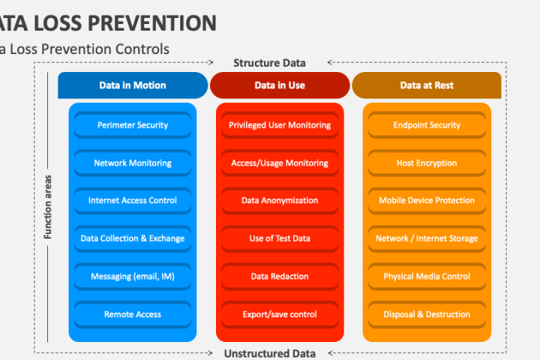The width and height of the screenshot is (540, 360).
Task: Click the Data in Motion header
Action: point(133,85)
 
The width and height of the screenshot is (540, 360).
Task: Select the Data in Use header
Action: point(280,85)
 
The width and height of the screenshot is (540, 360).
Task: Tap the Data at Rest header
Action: point(427,85)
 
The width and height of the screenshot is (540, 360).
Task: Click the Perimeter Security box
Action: point(133,124)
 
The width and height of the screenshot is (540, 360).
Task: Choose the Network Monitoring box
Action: point(133,163)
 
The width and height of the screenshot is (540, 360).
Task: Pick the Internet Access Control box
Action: point(133,200)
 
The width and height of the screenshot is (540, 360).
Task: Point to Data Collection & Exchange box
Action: point(133,238)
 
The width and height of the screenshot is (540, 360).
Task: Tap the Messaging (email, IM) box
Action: point(133,276)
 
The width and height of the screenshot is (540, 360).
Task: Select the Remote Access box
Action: point(133,314)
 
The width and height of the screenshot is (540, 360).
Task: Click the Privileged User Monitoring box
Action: point(280,124)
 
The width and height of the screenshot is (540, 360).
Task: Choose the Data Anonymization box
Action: point(280,200)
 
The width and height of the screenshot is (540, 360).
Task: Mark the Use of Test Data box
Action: point(280,238)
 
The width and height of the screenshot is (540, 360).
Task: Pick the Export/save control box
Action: point(280,314)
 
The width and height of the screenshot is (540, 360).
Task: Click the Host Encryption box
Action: point(427,163)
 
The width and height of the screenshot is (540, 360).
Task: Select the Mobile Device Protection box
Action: point(427,200)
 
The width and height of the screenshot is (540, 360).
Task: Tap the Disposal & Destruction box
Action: point(427,314)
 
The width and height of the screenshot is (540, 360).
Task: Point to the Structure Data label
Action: point(269,63)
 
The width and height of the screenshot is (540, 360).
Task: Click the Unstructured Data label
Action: point(270,354)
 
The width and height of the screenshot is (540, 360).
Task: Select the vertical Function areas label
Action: point(48,207)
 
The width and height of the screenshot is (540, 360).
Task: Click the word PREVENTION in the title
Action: point(151,23)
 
